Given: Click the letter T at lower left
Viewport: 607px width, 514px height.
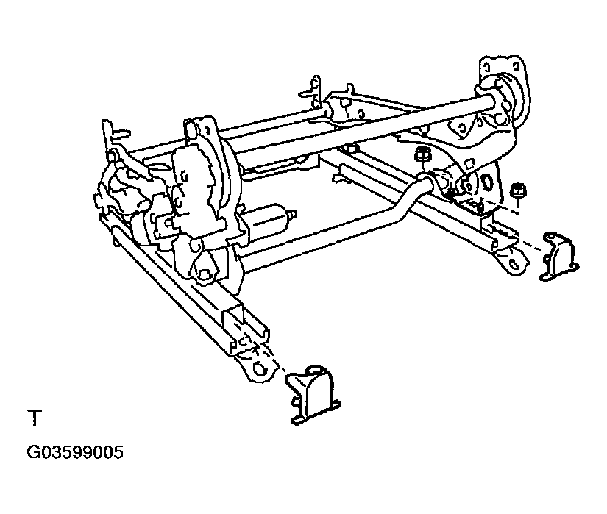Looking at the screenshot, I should [34, 420].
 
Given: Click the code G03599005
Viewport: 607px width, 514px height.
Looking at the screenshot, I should [75, 452].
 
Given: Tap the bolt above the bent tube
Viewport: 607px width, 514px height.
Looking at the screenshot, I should [422, 155].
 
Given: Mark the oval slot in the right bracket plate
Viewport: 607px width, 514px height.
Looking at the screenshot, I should [486, 183].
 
